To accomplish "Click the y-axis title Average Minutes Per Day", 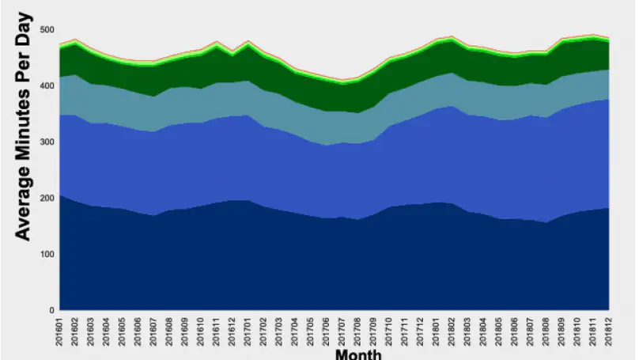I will click(23, 127).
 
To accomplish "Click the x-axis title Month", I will click(358, 354).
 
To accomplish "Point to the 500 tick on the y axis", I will click(46, 30).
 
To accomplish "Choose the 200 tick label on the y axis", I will click(46, 198).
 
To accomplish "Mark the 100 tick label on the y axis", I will click(46, 254).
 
